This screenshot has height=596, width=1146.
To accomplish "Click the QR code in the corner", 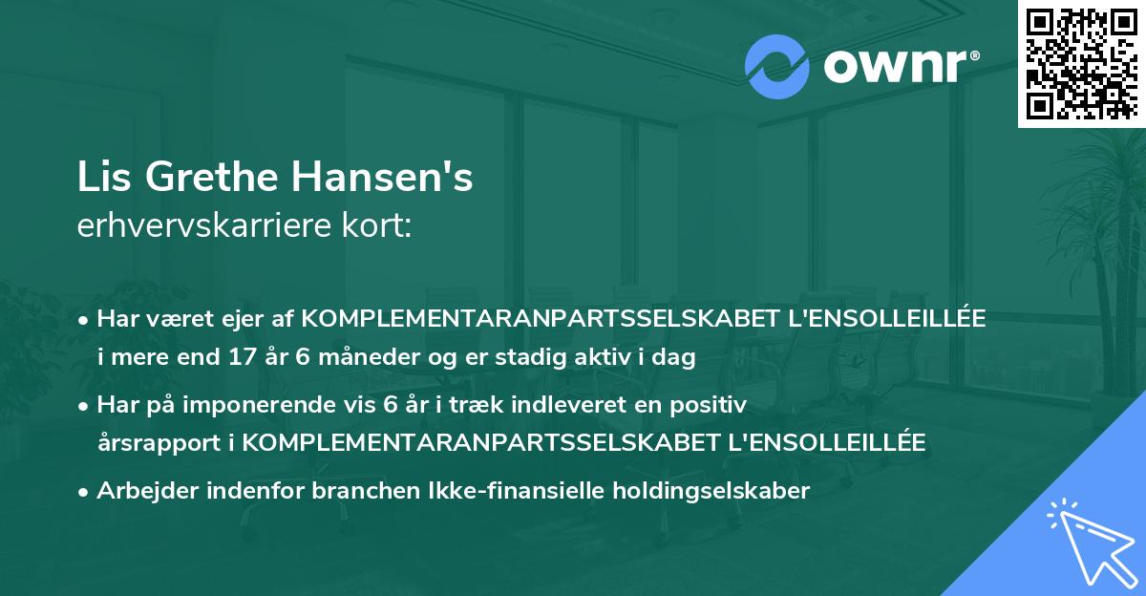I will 1080,64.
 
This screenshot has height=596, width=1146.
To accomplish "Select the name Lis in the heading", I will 101,179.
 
